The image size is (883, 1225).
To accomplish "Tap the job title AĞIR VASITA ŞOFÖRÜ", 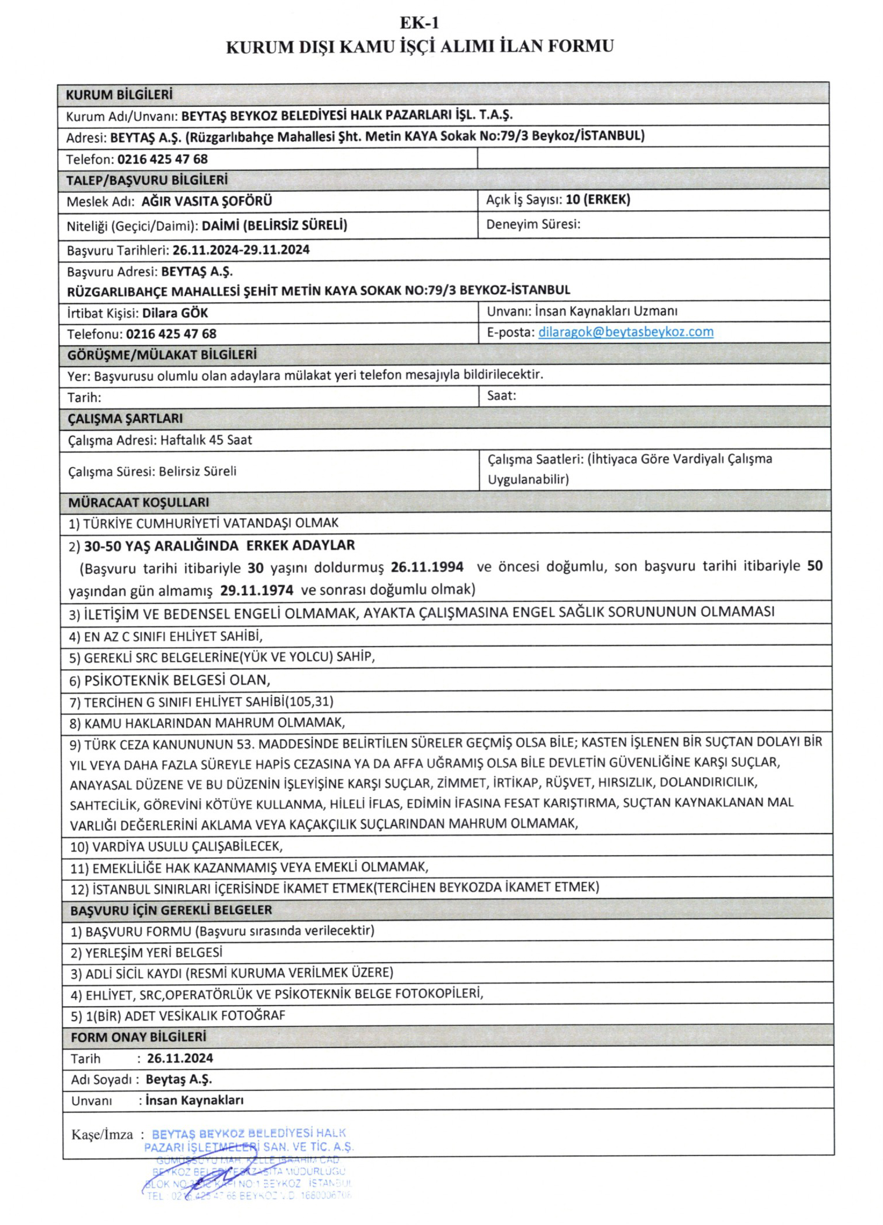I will point(207,201).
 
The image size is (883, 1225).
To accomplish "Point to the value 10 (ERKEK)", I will point(597,199).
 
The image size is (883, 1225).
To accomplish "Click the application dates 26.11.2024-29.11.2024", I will point(241,249).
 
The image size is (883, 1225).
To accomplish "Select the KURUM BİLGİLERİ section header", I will point(119,95).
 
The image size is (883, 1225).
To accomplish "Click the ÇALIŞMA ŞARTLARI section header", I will point(125,419).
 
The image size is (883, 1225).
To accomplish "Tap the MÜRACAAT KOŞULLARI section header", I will point(138,502).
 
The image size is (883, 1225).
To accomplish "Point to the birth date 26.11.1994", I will point(427,567).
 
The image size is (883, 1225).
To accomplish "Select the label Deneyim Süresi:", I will point(533,224).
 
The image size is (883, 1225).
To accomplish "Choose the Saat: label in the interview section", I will point(501,395).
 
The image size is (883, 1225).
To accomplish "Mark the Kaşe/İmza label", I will point(102,1135).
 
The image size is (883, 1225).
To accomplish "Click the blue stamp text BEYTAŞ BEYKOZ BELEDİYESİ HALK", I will point(249,1133).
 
